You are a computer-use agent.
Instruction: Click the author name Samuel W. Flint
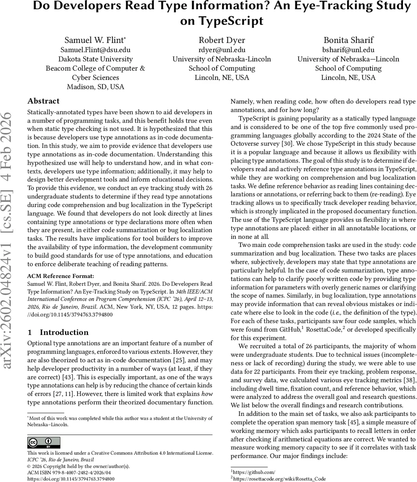tap(95, 40)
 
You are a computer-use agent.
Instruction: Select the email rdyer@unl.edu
tap(222, 50)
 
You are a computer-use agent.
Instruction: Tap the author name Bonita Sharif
tap(348, 40)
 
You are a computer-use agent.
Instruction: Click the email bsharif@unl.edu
tap(348, 50)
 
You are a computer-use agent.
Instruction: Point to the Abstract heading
tap(43, 101)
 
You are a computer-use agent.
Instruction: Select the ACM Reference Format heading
tap(60, 276)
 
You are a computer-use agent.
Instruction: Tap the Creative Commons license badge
tap(44, 443)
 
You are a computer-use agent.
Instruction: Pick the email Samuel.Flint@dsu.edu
tap(95, 50)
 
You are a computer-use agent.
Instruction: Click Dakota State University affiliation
tap(95, 59)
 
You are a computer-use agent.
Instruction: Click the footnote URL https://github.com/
tap(254, 472)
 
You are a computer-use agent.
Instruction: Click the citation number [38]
tap(409, 380)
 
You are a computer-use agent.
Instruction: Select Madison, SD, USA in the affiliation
tap(95, 87)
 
